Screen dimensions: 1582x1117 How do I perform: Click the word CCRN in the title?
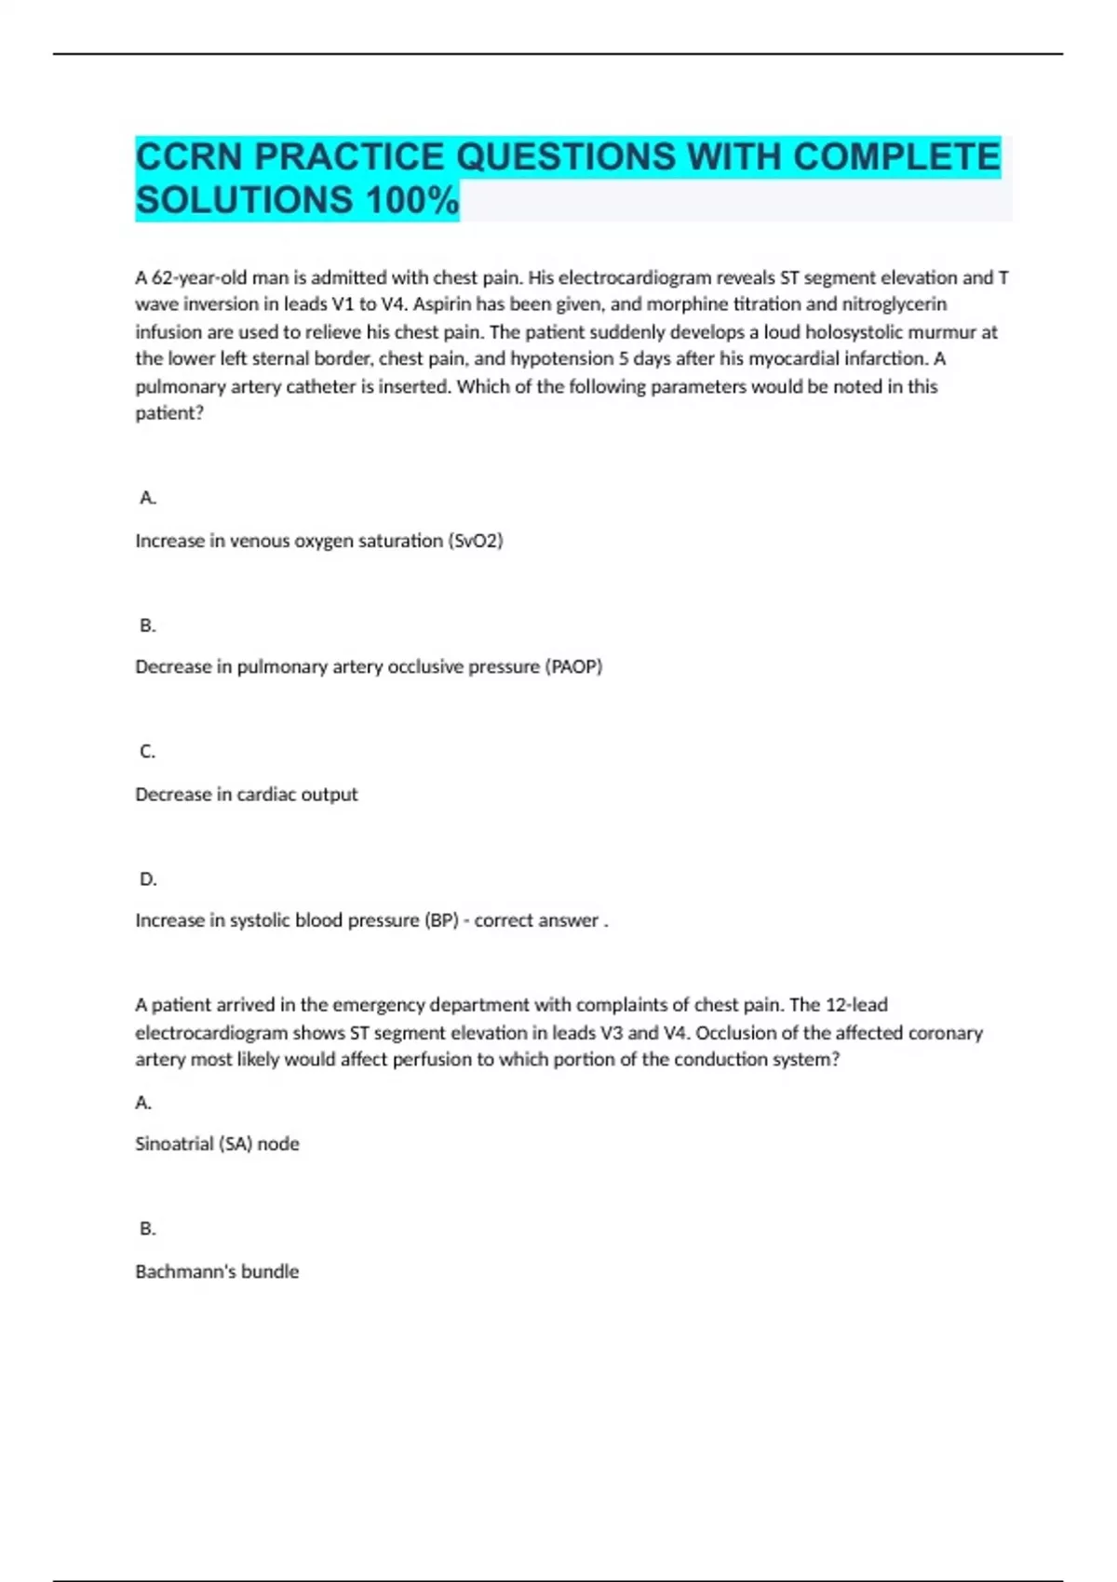(189, 156)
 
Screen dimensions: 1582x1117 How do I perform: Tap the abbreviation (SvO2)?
(476, 541)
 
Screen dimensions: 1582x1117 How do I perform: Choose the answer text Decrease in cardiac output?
(247, 794)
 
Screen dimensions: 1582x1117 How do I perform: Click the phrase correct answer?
(536, 920)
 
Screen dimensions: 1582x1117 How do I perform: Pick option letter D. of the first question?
(148, 878)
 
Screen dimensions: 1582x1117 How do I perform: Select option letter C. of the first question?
(148, 751)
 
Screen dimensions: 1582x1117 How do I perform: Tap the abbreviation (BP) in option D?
(441, 920)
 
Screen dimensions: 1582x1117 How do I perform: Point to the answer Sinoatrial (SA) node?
(217, 1144)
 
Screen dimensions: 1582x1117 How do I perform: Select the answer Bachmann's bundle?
(217, 1271)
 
